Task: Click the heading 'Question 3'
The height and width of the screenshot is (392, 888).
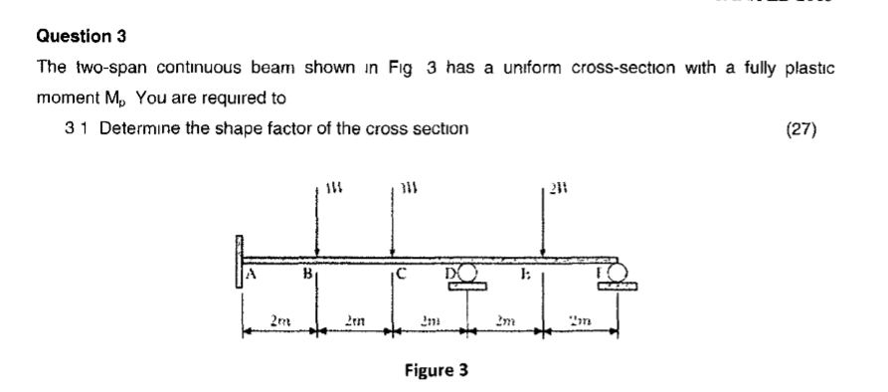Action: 82,37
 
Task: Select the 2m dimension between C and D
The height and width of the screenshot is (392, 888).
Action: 431,317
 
